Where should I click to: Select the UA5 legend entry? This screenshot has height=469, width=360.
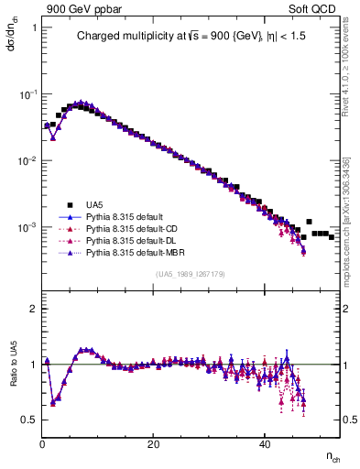95,205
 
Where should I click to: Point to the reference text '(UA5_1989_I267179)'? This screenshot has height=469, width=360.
190,274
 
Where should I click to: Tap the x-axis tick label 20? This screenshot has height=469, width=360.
153,444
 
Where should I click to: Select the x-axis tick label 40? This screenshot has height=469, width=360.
264,444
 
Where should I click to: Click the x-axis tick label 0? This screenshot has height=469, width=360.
42,444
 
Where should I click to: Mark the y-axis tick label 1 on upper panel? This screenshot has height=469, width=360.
34,27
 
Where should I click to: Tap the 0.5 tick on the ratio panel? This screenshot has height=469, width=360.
29,420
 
